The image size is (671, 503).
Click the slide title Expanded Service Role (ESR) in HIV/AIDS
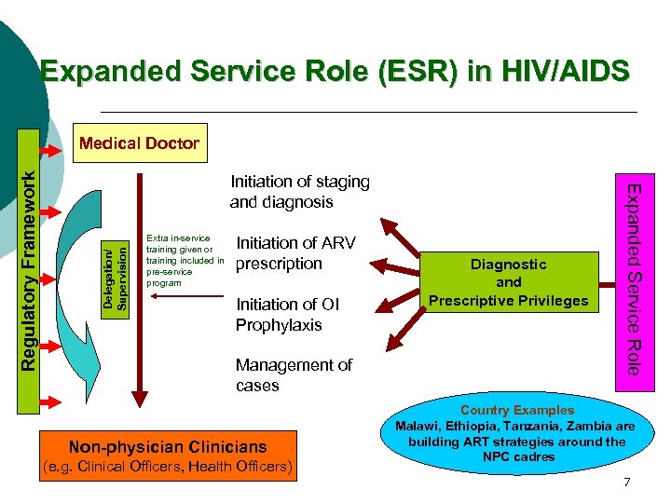click(335, 71)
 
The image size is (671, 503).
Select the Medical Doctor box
click(139, 143)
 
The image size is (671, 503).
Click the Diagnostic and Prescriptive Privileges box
click(508, 282)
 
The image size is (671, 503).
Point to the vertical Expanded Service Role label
click(633, 279)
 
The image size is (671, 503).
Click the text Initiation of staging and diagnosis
click(299, 192)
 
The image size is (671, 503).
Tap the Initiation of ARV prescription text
click(294, 253)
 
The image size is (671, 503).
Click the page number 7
click(627, 483)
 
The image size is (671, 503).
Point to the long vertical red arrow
click(139, 279)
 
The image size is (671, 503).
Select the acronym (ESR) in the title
click(404, 71)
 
